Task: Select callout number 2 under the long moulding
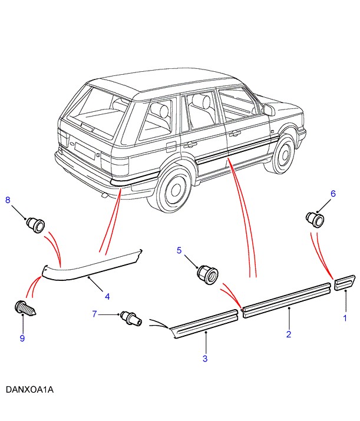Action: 289,334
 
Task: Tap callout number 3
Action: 204,359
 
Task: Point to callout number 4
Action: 107,295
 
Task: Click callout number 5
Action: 180,250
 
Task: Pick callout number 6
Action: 332,193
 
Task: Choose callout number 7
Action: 94,314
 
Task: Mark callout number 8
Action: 8,200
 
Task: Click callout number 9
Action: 22,338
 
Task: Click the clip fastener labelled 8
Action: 35,224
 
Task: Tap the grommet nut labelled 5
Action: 207,274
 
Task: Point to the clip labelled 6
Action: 315,219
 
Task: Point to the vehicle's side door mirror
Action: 268,110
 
